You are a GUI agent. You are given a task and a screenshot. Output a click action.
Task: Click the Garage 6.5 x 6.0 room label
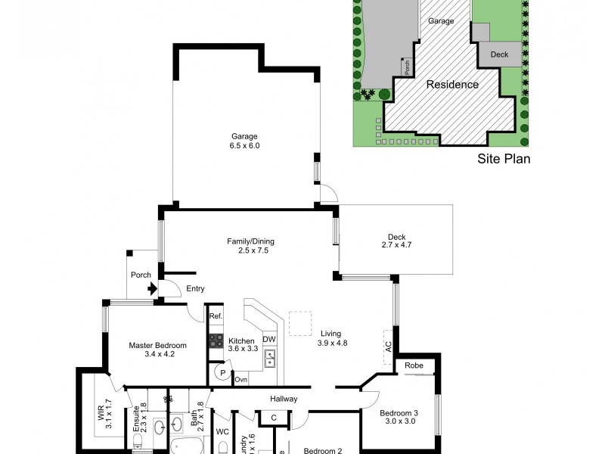coord(245,141)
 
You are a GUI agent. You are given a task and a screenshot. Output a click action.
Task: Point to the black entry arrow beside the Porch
coord(153,288)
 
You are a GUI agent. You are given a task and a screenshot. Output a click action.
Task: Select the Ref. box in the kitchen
coord(216,316)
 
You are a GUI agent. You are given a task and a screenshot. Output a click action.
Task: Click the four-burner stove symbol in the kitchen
coord(216,340)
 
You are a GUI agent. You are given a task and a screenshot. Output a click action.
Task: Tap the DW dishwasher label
coord(269,339)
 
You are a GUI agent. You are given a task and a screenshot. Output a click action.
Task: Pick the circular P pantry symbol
coord(223,372)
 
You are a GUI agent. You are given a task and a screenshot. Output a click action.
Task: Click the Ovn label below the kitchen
coord(241,379)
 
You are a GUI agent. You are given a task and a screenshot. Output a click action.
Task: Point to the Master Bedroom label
coord(157,350)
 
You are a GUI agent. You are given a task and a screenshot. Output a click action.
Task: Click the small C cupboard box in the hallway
coord(273,418)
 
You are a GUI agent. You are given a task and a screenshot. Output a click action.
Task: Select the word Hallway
coord(284,399)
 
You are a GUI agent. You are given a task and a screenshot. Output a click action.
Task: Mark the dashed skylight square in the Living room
coord(300,322)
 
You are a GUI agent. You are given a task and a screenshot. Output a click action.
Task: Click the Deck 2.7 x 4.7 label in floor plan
coord(397,241)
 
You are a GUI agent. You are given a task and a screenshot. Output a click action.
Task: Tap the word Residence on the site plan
coord(452,85)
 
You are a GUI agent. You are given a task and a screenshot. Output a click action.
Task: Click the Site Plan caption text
coord(503,159)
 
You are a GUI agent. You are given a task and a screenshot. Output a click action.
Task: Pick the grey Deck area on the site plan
coord(499,54)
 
